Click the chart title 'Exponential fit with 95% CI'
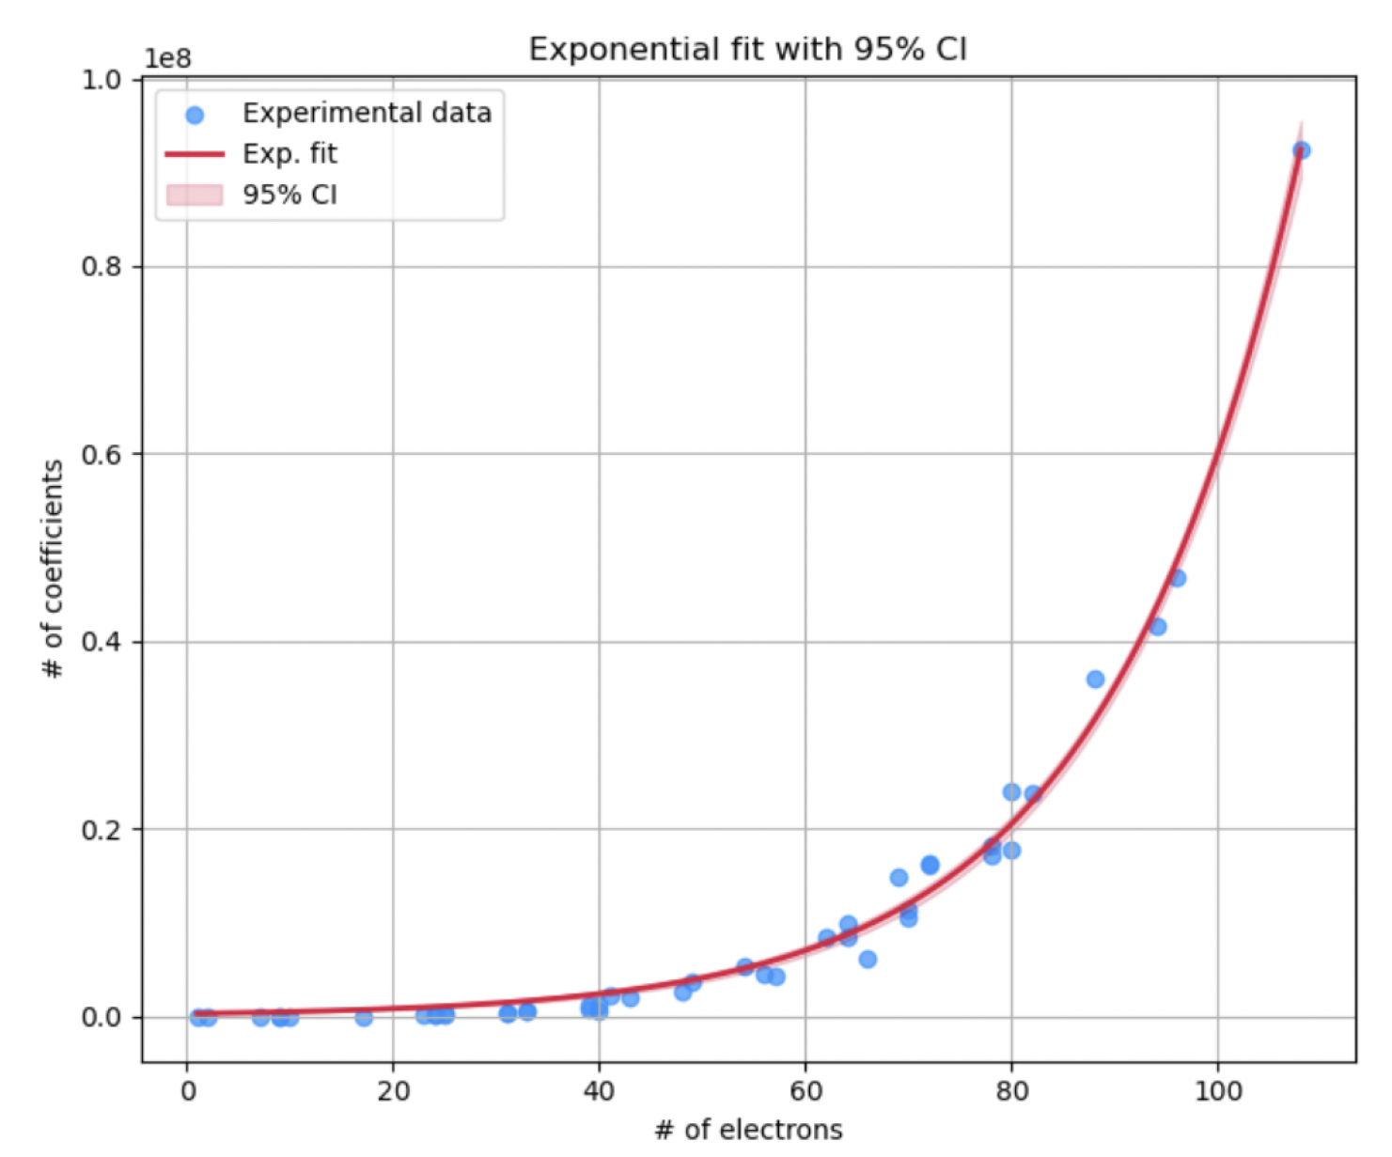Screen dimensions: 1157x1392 747,49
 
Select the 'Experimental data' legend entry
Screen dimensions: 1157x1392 367,113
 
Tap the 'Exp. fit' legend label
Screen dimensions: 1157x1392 289,153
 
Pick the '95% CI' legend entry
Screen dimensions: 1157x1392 289,195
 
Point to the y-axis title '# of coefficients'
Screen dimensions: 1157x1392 53,569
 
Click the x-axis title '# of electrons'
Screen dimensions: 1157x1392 748,1129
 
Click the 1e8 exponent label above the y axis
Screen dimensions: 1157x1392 167,58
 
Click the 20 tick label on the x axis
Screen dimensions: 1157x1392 393,1090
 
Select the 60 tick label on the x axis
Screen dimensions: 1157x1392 805,1090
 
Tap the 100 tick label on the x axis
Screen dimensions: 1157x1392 1218,1090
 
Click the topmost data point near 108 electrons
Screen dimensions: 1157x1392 1301,150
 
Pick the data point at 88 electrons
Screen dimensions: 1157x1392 1095,679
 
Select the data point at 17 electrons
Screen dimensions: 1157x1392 364,1017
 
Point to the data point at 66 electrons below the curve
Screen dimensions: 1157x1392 868,959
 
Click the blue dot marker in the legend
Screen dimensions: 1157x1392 195,115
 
